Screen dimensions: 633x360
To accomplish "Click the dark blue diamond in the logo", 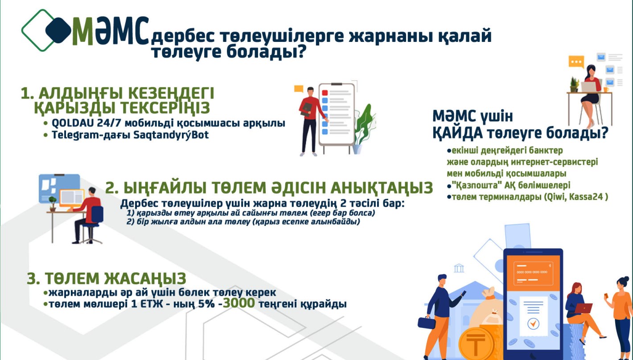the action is [58, 30].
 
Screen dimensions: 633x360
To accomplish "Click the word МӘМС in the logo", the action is [111, 31].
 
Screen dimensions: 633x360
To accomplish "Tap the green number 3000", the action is [239, 303].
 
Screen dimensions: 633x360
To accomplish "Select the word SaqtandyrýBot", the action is [171, 135].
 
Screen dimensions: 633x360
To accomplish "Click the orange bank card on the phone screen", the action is [533, 273].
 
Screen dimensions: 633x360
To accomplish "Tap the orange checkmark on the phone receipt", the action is [533, 323].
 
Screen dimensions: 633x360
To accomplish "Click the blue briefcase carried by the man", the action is [427, 323].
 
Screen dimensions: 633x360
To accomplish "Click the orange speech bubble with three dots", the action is [576, 62].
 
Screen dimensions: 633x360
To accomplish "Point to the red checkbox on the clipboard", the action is [325, 93].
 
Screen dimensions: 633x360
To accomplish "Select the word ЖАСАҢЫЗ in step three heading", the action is [145, 278].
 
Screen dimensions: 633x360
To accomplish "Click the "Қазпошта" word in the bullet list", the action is [476, 185].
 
